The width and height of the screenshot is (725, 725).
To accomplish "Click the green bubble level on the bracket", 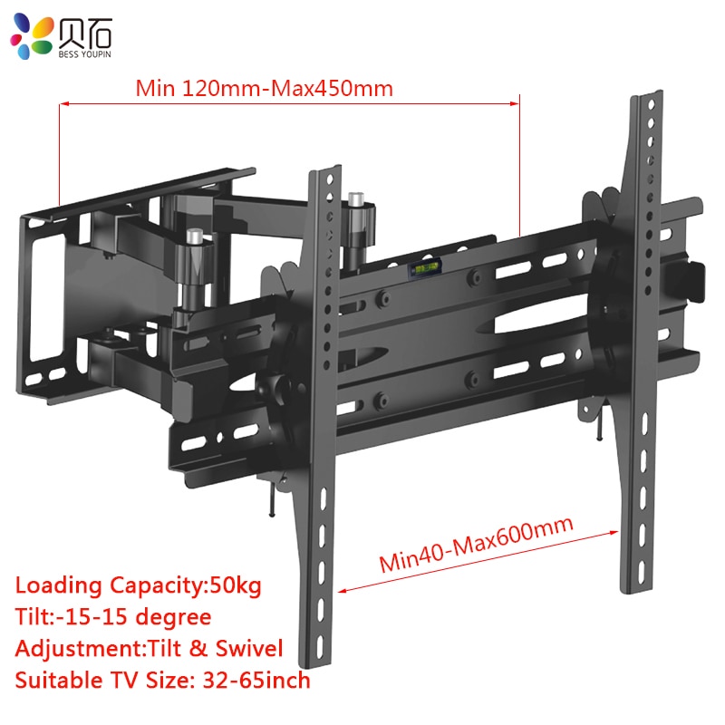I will pos(423,269).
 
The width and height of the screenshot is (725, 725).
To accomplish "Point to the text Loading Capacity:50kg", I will pos(138,585).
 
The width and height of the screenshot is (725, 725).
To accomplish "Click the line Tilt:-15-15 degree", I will pos(113,617).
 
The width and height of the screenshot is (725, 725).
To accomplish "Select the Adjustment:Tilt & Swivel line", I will pos(150,648).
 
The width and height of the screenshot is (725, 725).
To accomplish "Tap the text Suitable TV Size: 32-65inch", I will pos(163,680).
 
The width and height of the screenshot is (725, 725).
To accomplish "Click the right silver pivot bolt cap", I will pos(354,197).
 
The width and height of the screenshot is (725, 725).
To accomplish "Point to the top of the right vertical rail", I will pos(644,96).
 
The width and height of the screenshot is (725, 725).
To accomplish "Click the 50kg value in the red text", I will pos(236,585).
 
